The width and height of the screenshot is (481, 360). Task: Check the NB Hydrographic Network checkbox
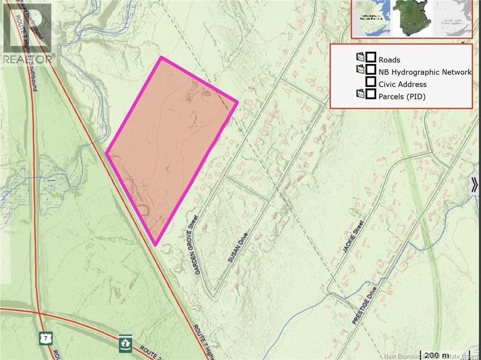pos(371,70)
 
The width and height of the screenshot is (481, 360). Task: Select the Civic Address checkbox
pos(371,82)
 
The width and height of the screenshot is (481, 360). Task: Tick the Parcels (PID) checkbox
pos(371,94)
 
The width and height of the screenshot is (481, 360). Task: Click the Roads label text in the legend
pos(389,60)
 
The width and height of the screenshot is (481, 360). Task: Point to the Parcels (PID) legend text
pos(402,97)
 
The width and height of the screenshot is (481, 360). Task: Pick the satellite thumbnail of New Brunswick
pos(411,18)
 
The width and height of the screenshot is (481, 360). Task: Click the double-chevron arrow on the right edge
pos(475,184)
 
